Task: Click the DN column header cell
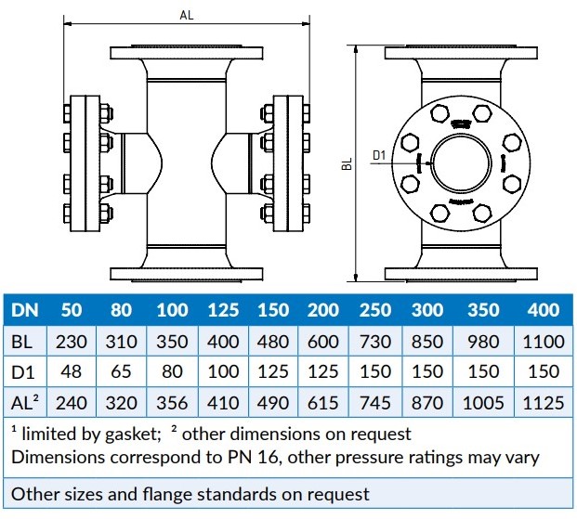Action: (x=25, y=311)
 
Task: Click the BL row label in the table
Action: (x=22, y=342)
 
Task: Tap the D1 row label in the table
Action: (x=23, y=372)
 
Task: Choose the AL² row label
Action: (x=26, y=403)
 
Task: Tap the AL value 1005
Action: (x=483, y=403)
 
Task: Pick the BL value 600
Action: (x=323, y=342)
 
